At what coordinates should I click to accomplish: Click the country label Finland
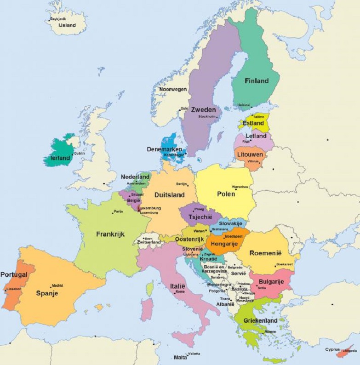[x=257, y=81]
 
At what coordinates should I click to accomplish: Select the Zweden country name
[x=204, y=109]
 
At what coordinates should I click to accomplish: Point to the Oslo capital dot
[x=179, y=109]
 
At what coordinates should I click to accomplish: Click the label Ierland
[x=59, y=158]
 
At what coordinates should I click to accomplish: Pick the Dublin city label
[x=79, y=153]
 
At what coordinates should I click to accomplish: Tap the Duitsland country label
[x=169, y=194]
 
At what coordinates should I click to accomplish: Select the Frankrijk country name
[x=110, y=234]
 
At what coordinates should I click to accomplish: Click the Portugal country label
[x=14, y=274]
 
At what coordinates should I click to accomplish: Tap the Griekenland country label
[x=260, y=320]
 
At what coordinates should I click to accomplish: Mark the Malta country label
[x=180, y=357]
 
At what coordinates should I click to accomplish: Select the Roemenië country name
[x=265, y=252]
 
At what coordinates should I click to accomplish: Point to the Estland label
[x=253, y=123]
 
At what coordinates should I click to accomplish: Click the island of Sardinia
[x=147, y=309]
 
